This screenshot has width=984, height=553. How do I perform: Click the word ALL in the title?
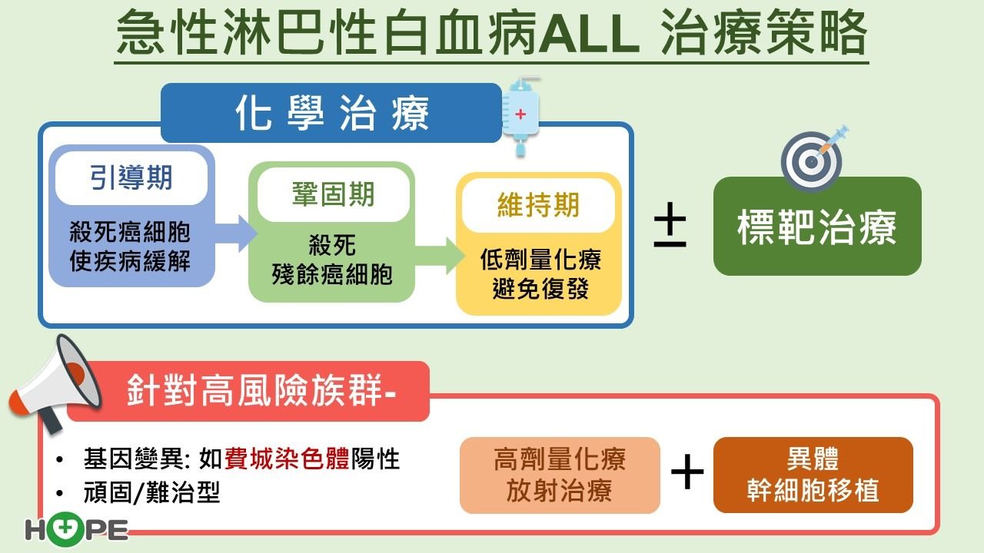pyautogui.click(x=589, y=33)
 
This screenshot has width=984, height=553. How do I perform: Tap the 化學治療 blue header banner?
pyautogui.click(x=331, y=113)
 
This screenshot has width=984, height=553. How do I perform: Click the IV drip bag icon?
pyautogui.click(x=521, y=116)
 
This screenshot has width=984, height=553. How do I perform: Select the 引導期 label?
pyautogui.click(x=131, y=177)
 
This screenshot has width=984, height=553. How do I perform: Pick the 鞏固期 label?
pyautogui.click(x=334, y=194)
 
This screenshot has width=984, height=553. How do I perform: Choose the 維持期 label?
pyautogui.click(x=539, y=205)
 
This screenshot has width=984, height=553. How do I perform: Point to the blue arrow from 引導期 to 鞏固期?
pyautogui.click(x=236, y=233)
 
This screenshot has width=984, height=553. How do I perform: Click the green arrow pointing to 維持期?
pyautogui.click(x=440, y=256)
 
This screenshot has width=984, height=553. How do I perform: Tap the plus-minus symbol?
pyautogui.click(x=670, y=225)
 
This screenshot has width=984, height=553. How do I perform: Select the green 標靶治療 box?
pyautogui.click(x=817, y=226)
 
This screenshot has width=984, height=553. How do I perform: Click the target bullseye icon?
pyautogui.click(x=813, y=159)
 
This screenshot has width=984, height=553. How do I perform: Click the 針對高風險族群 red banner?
pyautogui.click(x=248, y=392)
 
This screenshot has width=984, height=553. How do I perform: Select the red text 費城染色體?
pyautogui.click(x=287, y=459)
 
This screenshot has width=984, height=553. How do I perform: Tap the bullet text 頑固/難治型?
pyautogui.click(x=151, y=492)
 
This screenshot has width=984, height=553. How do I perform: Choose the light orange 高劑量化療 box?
pyautogui.click(x=560, y=475)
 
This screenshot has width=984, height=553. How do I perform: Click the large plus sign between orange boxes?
pyautogui.click(x=687, y=472)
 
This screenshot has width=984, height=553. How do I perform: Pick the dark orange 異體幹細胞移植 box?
pyautogui.click(x=813, y=475)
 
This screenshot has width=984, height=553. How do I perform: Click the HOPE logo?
pyautogui.click(x=76, y=529)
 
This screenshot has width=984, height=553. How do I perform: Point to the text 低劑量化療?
pyautogui.click(x=540, y=260)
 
